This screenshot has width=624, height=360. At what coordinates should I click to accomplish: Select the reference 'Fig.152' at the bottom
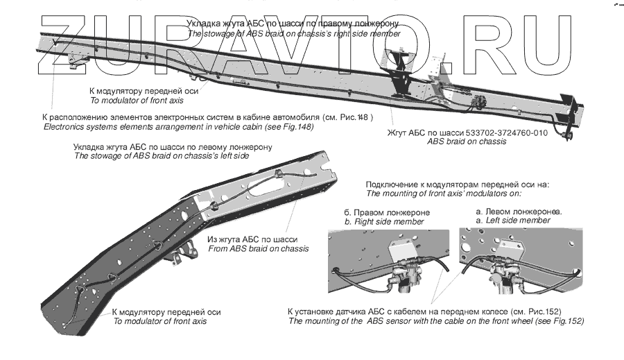click(567, 321)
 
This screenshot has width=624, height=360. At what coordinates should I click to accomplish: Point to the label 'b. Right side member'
click(384, 221)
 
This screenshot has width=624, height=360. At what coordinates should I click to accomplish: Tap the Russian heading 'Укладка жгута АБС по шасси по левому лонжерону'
click(173, 147)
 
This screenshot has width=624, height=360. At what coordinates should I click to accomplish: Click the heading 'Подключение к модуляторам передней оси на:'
click(457, 185)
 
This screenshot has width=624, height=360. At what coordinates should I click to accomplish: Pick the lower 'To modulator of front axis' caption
click(159, 321)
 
